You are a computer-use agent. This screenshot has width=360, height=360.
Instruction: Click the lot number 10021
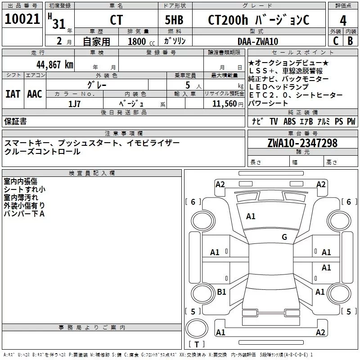tap(22, 19)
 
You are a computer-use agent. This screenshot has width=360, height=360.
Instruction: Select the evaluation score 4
tap(343, 20)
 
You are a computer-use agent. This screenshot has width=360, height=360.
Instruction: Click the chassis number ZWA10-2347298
tap(302, 143)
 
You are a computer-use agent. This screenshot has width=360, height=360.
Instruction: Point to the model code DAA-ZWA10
tap(257, 41)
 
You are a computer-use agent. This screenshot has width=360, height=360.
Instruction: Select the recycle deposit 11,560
tap(222, 103)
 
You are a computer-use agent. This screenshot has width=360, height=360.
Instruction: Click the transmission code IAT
tap(13, 94)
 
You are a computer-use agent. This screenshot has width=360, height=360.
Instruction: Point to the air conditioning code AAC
tap(34, 94)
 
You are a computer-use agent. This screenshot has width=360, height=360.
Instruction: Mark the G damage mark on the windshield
tap(284, 237)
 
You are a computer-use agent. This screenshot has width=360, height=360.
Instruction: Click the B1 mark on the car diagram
tap(221, 292)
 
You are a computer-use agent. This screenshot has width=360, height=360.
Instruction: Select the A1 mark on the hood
tap(251, 216)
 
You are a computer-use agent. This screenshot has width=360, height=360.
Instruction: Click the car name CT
tap(116, 20)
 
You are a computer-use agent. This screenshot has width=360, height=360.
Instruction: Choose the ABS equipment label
tap(290, 121)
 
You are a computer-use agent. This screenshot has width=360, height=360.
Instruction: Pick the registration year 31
tap(59, 23)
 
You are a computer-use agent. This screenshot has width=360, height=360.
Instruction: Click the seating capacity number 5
tap(187, 85)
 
